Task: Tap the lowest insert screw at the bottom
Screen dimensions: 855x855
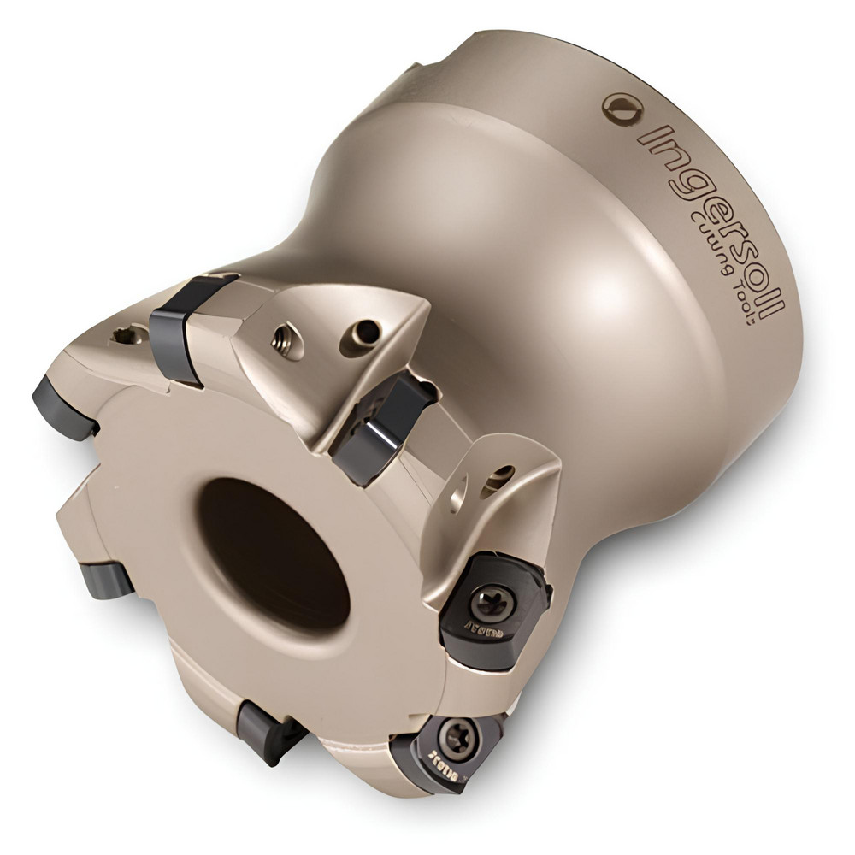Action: click(452, 735)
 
